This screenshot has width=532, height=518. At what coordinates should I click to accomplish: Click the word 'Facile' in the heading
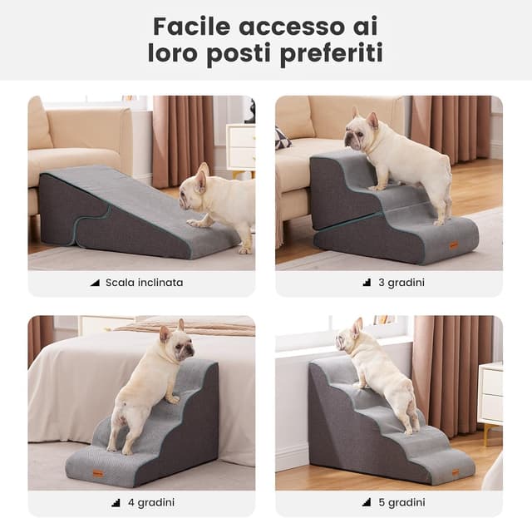click(x=191, y=27)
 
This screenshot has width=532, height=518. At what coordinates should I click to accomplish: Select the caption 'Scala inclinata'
click(x=144, y=283)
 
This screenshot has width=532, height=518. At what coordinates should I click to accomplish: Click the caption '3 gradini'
click(x=401, y=283)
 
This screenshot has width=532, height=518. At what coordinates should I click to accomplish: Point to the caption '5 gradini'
click(x=401, y=502)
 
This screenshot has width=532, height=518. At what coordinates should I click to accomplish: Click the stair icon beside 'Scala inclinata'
click(x=95, y=283)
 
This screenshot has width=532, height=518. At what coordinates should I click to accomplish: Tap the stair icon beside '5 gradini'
click(x=367, y=502)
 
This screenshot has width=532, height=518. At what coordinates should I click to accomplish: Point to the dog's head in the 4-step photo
click(x=176, y=343)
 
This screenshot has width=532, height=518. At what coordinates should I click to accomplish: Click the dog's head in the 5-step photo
click(x=350, y=336)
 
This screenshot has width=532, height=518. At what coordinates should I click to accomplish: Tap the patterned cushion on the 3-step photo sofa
click(x=283, y=139)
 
